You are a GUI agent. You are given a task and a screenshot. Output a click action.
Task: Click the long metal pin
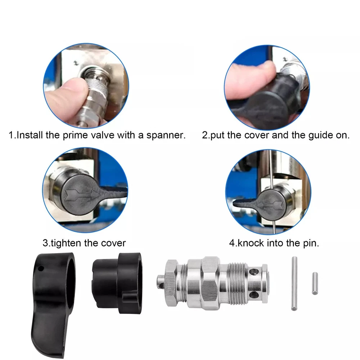click(x=294, y=284)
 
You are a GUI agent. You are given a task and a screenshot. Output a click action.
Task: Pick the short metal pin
click(x=315, y=283)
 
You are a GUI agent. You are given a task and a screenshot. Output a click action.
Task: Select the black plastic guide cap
click(x=117, y=283)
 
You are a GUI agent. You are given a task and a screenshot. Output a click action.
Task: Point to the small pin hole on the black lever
click(x=41, y=268)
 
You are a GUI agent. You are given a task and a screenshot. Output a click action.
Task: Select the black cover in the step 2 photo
click(x=271, y=101)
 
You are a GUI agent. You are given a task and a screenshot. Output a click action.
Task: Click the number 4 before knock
click(x=232, y=243)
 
